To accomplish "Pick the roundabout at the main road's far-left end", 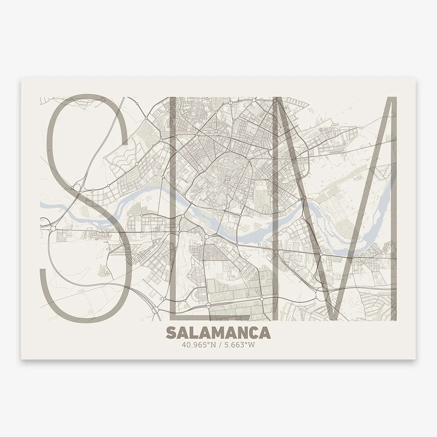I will pyautogui.click(x=52, y=229).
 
